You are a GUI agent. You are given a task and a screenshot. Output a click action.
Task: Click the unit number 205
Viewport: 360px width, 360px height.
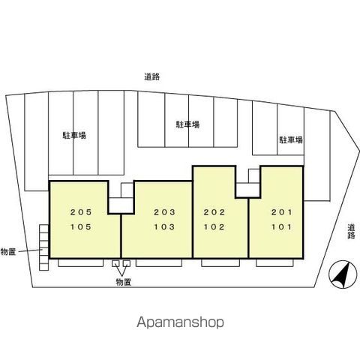tap(81, 212)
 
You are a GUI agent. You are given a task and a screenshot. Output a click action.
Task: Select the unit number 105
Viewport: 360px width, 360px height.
tap(81, 227)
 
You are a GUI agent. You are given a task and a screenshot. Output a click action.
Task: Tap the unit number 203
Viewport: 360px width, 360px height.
tap(164, 212)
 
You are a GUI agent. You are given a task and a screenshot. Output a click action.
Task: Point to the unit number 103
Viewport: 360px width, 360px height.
tap(164, 227)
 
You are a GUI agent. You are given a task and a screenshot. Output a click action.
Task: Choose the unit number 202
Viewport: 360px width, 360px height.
tap(214, 212)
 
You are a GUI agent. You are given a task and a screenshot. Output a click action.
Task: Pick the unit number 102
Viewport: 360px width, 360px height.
tap(214, 227)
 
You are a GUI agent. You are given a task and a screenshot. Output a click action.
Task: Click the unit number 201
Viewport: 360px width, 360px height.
tap(281, 212)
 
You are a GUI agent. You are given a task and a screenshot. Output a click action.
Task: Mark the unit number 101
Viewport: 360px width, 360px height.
tap(281, 227)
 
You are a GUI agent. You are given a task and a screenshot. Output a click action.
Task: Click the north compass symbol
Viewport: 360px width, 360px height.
tap(343, 274)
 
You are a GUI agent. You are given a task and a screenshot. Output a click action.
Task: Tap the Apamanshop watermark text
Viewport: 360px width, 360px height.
tap(180, 322)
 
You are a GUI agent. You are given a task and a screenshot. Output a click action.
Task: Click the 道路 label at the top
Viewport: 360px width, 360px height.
tap(152, 76)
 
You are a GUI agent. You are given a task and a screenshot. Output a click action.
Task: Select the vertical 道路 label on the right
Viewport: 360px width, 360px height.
tap(351, 232)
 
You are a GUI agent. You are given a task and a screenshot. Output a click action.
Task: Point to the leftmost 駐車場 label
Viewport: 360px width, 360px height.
tap(74, 135)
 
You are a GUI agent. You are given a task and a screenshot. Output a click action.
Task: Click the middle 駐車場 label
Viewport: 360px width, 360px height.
tap(187, 124)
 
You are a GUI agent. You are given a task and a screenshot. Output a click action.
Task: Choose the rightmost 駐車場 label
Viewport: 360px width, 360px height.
tap(291, 139)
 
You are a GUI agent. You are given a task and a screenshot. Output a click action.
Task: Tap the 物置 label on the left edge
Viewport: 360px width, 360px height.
tap(8, 252)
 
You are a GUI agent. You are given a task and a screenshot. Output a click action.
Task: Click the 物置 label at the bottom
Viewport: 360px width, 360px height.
tap(124, 282)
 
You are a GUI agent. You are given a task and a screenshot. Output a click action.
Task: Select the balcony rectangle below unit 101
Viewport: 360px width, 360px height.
tap(274, 262)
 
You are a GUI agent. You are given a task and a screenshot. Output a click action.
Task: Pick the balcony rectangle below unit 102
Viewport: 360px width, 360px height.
tap(220, 262)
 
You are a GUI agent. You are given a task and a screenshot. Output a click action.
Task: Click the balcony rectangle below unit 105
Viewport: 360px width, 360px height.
tap(80, 262)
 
